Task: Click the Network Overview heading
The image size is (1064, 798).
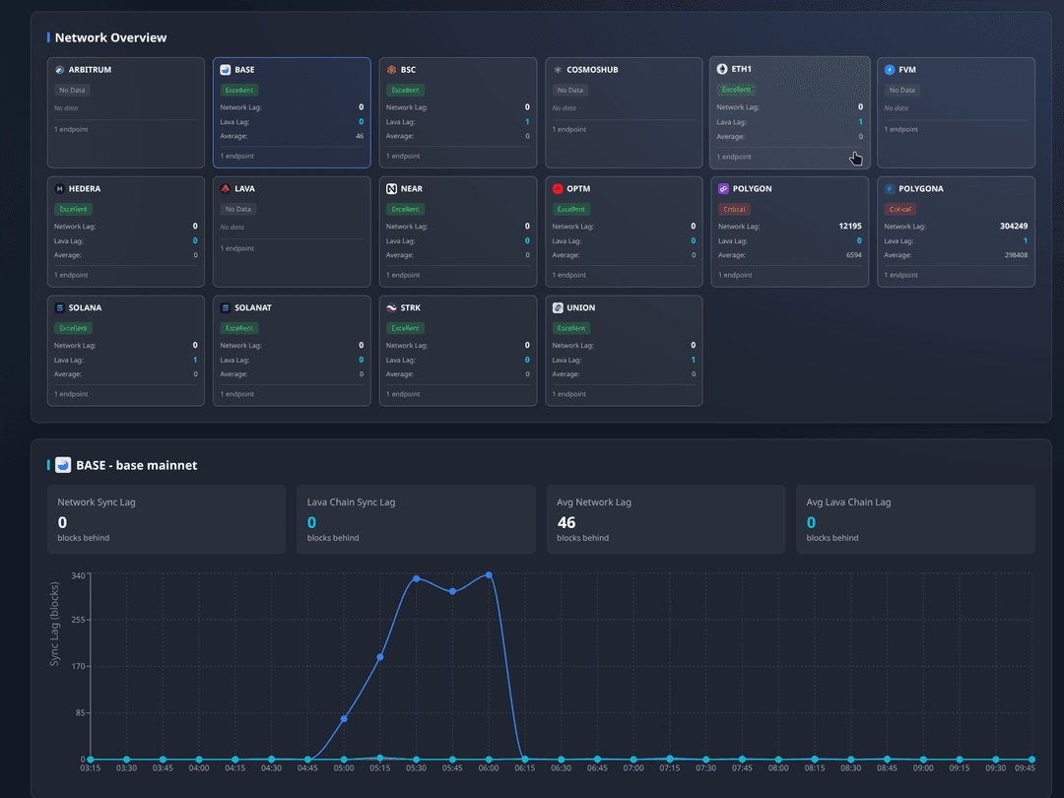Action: (x=110, y=37)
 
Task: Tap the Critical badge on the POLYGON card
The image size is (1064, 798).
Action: (x=735, y=209)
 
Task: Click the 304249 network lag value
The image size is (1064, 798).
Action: (x=1013, y=226)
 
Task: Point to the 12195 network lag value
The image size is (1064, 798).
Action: (x=849, y=226)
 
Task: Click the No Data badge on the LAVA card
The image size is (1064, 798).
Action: (x=238, y=209)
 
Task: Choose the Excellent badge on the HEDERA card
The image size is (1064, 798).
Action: (x=73, y=209)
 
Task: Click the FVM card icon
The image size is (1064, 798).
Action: (x=890, y=70)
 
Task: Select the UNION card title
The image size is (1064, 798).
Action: (x=581, y=307)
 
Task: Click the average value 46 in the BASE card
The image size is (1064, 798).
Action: (x=360, y=136)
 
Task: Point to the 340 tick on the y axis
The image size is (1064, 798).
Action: (x=80, y=574)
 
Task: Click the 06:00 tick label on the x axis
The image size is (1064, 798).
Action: (x=489, y=768)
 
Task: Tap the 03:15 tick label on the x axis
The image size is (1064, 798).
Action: (x=91, y=768)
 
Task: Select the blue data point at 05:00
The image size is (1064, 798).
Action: (x=344, y=719)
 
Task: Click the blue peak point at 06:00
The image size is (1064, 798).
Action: (x=489, y=575)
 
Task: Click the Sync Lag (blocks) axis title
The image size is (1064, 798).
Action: (x=55, y=624)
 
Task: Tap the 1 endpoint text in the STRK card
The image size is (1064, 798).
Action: (x=402, y=394)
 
